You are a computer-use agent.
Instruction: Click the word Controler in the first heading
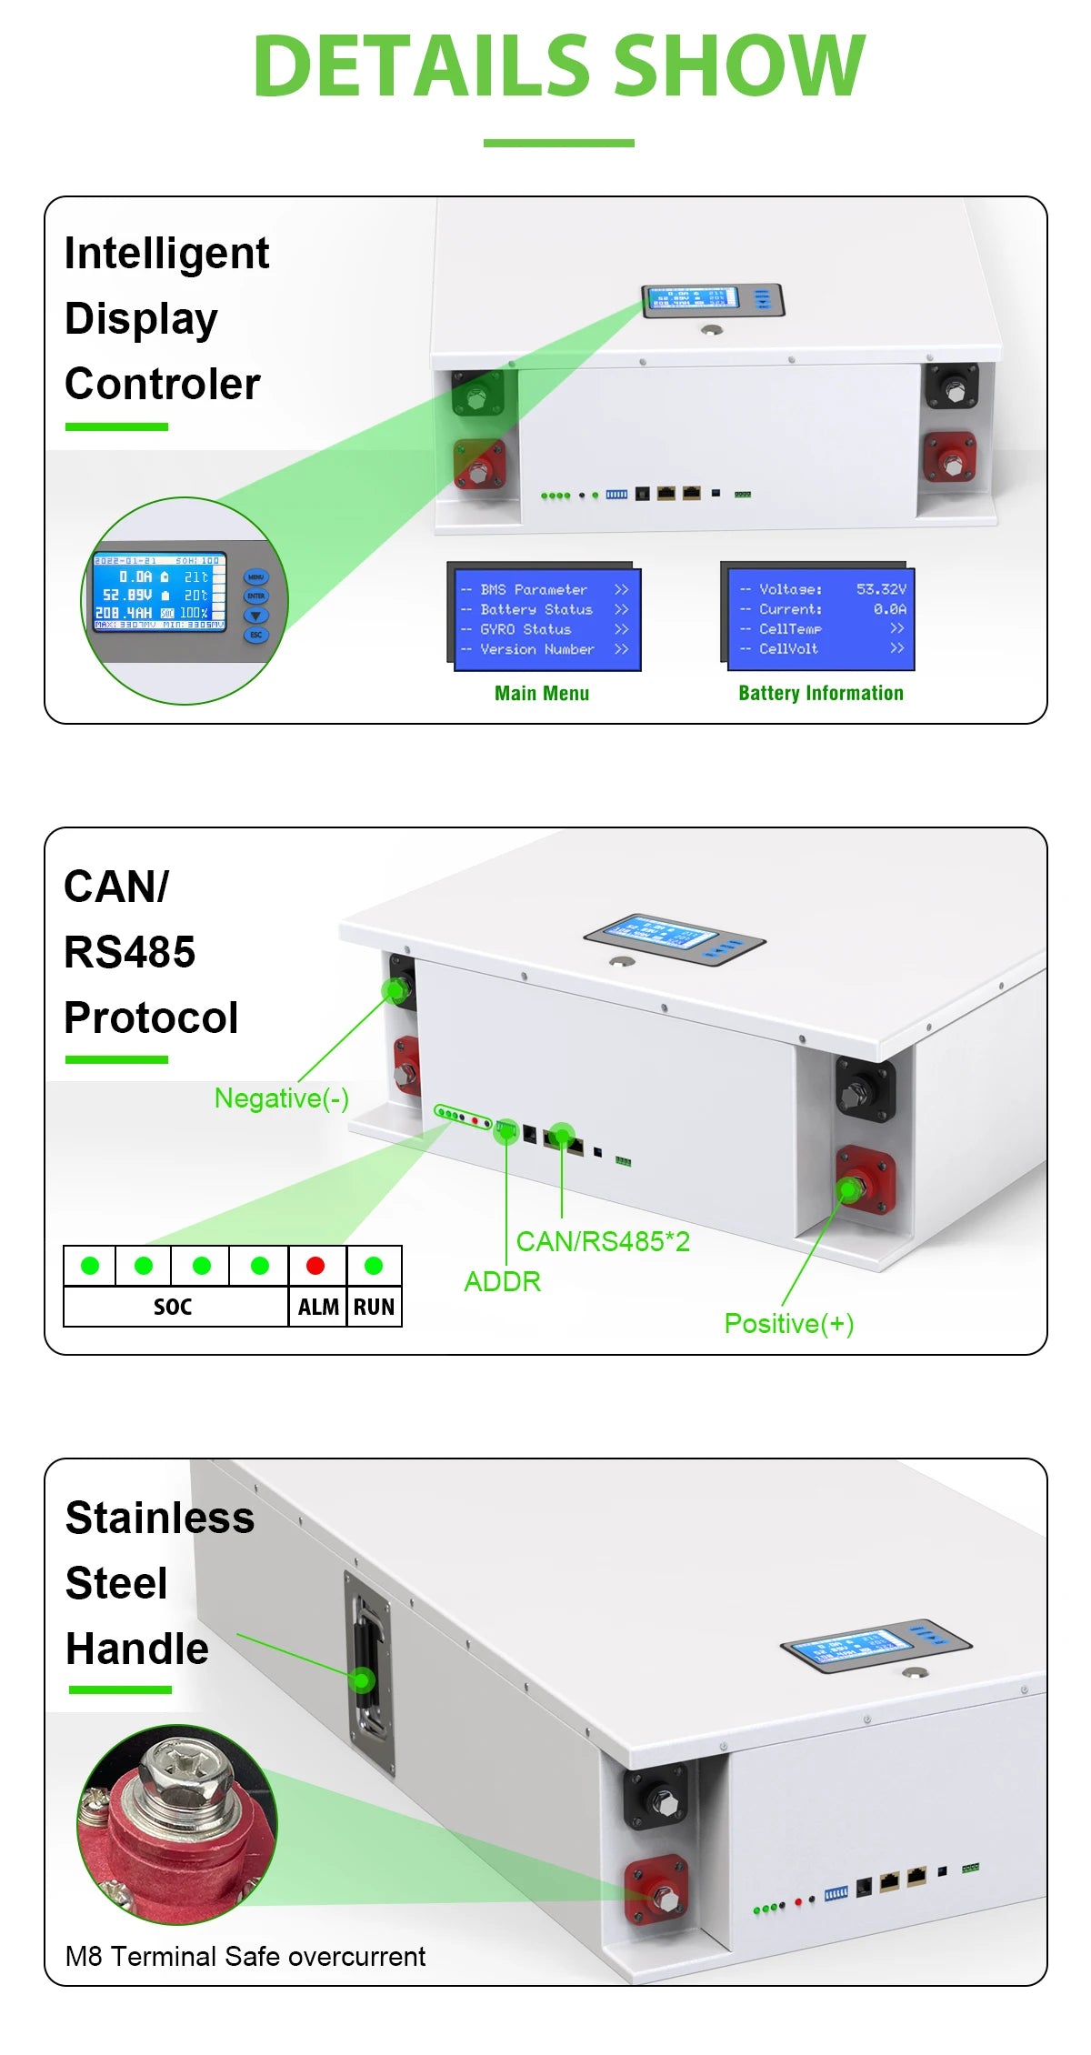coord(162,384)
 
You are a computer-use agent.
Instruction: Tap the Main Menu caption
coord(542,694)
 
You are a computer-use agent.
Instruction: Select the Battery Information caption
coord(820,694)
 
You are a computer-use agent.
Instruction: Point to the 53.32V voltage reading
coord(880,589)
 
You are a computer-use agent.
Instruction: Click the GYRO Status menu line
coord(525,629)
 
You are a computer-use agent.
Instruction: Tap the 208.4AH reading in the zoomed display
coord(125,613)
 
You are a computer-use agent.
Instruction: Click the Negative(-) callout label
coord(281,1098)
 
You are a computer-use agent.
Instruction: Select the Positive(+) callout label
coord(788,1324)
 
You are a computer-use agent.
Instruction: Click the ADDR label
coord(502,1282)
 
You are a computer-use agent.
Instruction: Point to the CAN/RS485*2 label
coord(603,1241)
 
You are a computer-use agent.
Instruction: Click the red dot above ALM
coord(315,1266)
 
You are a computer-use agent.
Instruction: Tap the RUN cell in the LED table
coord(374,1307)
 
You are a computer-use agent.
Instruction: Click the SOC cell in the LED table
coord(173,1307)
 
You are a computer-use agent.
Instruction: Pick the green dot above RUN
coord(373,1266)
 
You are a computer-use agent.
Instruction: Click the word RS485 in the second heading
coord(129,952)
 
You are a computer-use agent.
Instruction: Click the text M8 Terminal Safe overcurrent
coord(245,1956)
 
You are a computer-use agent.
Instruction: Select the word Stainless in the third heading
coord(160,1519)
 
